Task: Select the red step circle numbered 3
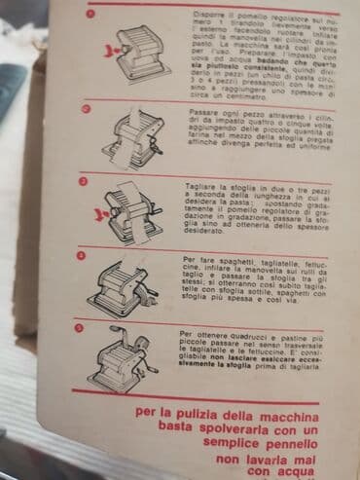pyautogui.click(x=84, y=181)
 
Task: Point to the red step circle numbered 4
pyautogui.click(x=82, y=255)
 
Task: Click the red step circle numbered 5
pyautogui.click(x=82, y=328)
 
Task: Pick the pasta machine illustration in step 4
pyautogui.click(x=129, y=284)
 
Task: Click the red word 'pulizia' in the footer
pyautogui.click(x=200, y=413)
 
